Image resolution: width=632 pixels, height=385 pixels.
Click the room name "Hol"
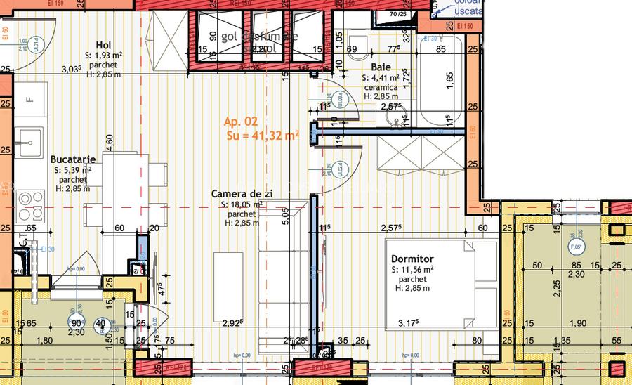point(103,46)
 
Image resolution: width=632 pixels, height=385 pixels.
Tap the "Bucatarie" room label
point(74,159)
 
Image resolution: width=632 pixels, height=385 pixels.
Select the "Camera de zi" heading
point(242,193)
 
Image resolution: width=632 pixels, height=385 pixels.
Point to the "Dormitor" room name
point(413,259)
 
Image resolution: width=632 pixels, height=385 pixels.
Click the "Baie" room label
point(381,67)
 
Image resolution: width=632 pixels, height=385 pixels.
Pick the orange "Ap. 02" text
point(241,122)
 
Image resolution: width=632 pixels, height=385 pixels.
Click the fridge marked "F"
point(29,99)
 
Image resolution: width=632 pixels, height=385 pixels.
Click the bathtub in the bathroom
point(439,84)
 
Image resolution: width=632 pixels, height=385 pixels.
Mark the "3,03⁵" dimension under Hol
point(71,69)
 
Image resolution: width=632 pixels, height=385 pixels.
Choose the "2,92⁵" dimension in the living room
point(232,324)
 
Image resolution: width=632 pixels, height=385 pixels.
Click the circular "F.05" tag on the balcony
point(576,247)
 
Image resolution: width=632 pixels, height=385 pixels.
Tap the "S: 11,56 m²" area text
point(412,269)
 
